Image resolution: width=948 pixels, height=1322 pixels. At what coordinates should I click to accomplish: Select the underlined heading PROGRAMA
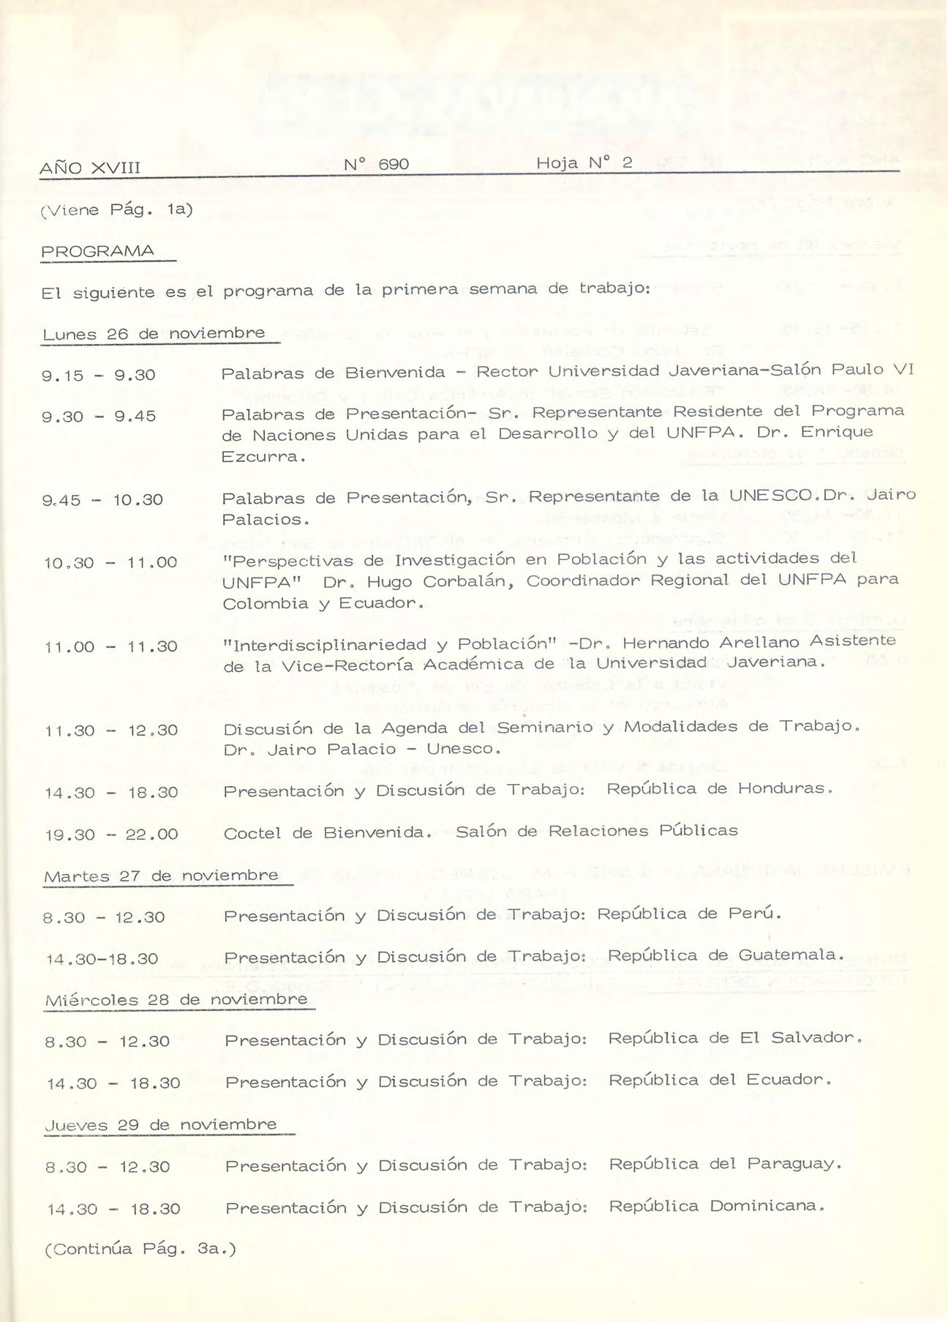tap(98, 252)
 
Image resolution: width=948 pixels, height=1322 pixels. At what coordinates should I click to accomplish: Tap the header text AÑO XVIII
tap(90, 168)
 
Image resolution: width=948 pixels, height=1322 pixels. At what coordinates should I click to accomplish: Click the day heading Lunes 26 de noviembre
tap(154, 334)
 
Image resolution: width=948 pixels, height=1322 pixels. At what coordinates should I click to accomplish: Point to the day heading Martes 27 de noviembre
tap(161, 875)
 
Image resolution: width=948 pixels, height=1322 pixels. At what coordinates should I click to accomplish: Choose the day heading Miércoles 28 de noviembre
tap(176, 1000)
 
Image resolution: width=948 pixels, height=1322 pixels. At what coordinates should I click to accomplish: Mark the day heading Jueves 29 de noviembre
tap(161, 1125)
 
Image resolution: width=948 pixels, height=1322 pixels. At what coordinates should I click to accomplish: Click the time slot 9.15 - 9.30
tap(99, 376)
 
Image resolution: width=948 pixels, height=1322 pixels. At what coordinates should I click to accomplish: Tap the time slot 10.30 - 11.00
tap(110, 563)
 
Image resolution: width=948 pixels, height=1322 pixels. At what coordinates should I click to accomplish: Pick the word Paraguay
tap(790, 1164)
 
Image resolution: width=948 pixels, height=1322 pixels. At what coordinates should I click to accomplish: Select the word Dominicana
tap(767, 1206)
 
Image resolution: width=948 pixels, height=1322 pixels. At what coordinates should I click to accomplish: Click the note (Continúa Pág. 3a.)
tap(140, 1250)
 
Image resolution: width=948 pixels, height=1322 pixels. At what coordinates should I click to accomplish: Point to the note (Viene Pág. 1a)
tap(116, 210)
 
